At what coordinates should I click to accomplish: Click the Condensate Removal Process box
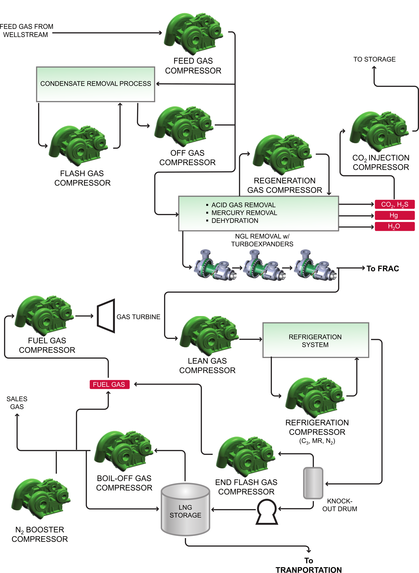tap(96, 84)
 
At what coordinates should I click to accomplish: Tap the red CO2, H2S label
tap(394, 204)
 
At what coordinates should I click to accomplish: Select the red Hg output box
tap(394, 215)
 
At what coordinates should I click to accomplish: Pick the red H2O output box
tap(394, 226)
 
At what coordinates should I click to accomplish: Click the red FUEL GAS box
tap(109, 384)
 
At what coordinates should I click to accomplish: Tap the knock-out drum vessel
tap(313, 483)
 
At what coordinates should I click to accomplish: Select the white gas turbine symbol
tap(106, 316)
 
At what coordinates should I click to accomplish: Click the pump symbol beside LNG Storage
tap(267, 512)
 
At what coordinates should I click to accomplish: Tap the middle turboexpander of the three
tap(264, 266)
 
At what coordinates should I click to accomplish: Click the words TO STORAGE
tap(375, 59)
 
